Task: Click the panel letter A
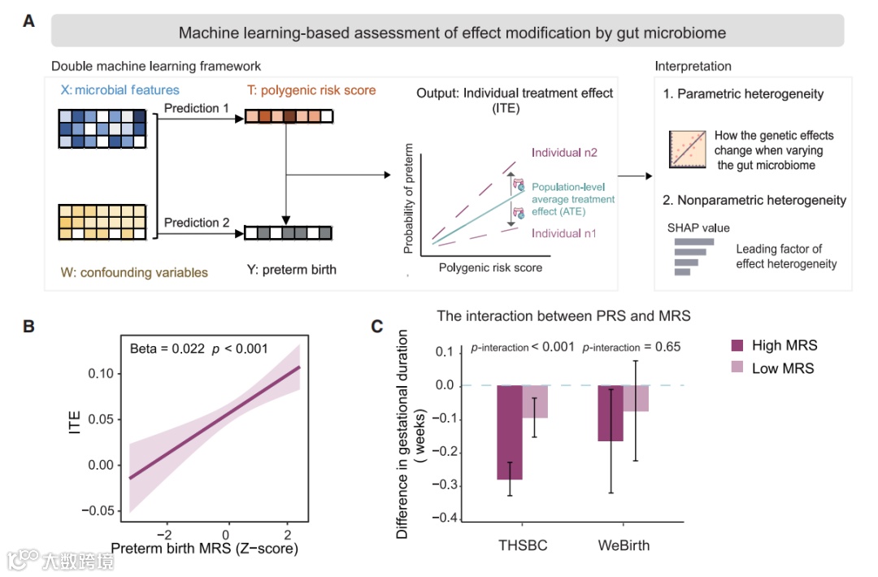click(28, 22)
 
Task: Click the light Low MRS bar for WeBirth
click(636, 398)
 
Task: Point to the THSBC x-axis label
click(522, 545)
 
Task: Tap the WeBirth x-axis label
click(623, 545)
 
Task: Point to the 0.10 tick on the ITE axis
click(102, 373)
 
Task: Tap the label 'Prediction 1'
click(192, 108)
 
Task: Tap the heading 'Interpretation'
click(693, 67)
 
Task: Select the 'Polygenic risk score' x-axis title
click(490, 267)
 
